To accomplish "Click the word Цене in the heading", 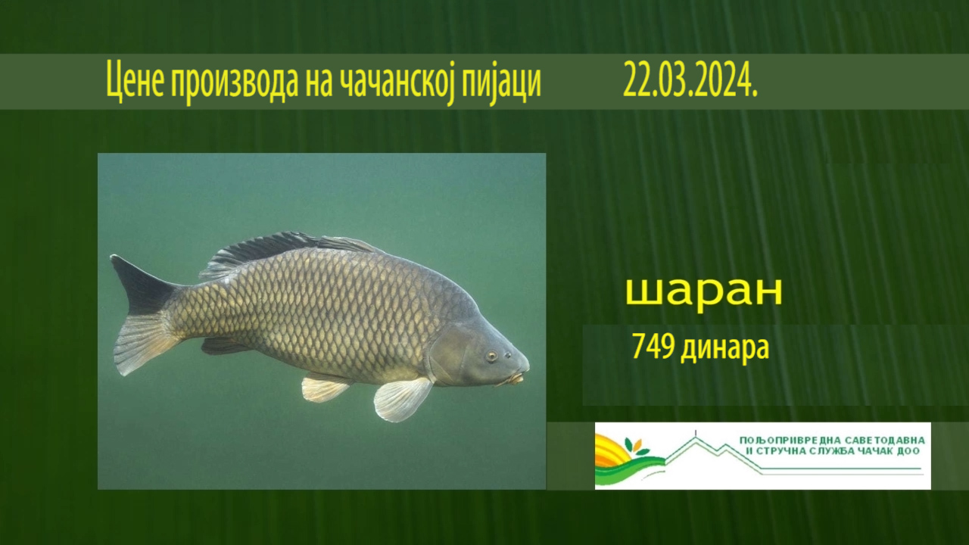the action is tap(135, 80).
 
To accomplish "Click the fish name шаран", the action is tap(704, 291).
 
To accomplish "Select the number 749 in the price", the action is tap(653, 346).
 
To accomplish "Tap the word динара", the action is tap(725, 349).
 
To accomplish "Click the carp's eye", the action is tap(491, 356).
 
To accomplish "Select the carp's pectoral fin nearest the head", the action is tap(402, 399).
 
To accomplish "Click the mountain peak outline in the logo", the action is tap(696, 439).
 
